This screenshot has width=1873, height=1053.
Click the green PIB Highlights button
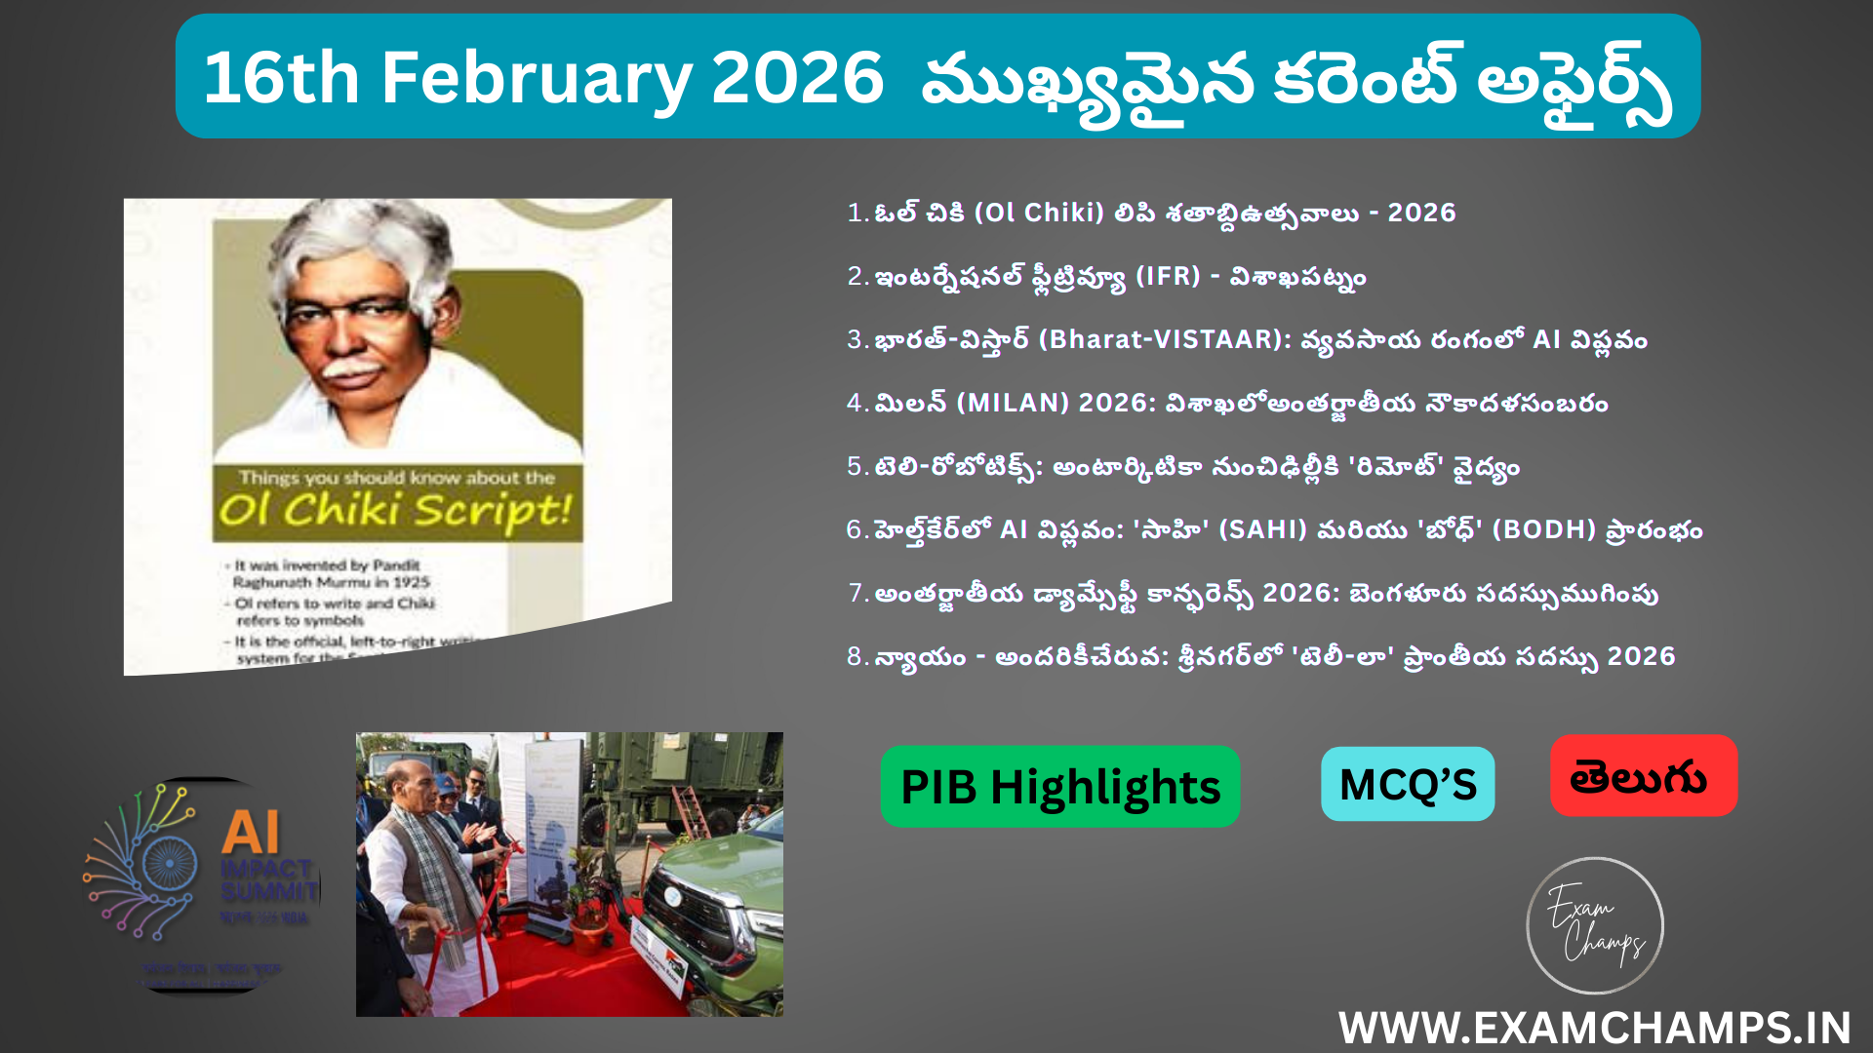1059,787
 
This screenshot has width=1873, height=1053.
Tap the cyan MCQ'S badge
1407,784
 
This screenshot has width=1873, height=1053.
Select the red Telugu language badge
1643,776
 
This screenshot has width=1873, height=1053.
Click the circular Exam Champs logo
1594,925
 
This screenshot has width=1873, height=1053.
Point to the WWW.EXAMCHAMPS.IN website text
1594,1028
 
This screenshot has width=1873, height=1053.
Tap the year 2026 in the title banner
797,78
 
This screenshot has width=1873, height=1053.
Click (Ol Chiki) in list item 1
1039,213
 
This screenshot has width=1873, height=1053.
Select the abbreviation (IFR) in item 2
1168,276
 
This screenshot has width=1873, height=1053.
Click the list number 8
856,656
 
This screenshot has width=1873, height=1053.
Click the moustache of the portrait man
349,370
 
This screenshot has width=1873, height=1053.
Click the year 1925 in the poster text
412,582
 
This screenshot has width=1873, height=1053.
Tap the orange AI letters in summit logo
251,833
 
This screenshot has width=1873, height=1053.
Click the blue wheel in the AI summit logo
169,863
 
